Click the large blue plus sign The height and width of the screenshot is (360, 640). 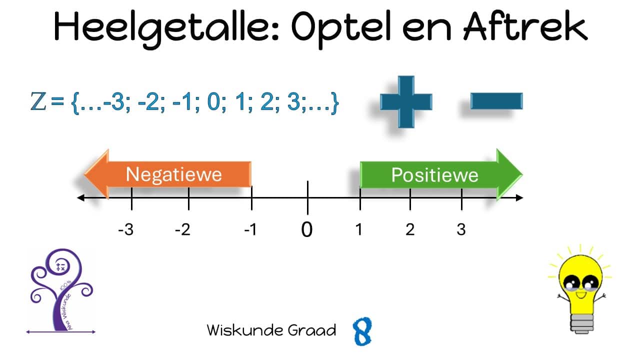pos(406,101)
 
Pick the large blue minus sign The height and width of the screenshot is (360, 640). pos(496,101)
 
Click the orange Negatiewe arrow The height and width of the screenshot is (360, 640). pos(167,174)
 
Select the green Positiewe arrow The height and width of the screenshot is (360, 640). pos(441,174)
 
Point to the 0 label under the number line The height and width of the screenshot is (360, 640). pos(307,229)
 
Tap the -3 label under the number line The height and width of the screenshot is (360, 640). pos(125,229)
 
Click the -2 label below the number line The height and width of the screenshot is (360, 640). pos(182,229)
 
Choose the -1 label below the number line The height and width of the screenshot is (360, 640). pos(250,229)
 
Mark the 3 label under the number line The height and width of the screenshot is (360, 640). pos(461,229)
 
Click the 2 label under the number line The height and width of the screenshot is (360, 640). pos(410,229)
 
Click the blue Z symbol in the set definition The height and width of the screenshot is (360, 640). pos(38,101)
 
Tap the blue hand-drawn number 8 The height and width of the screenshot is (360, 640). pos(362,331)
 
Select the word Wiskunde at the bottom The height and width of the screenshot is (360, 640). pos(245,330)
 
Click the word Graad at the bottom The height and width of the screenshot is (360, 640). pos(311,330)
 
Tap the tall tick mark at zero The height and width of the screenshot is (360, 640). pos(307,197)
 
